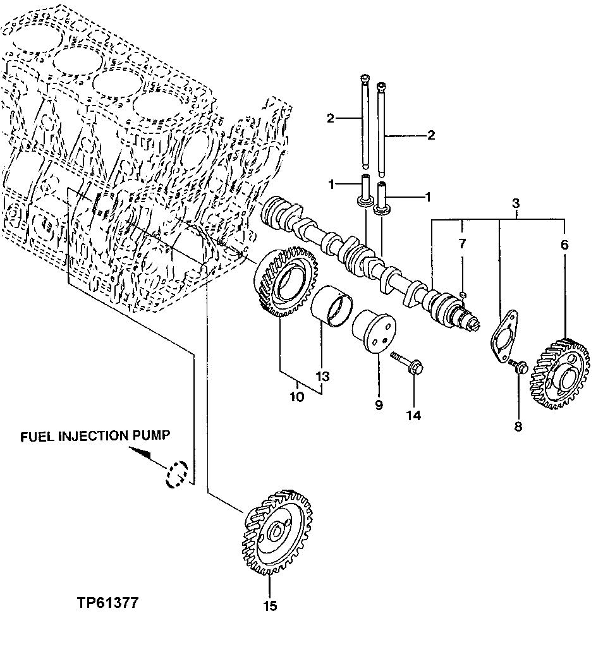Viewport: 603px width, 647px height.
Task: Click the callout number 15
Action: click(x=270, y=606)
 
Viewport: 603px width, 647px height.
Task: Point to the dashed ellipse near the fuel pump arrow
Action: click(x=176, y=475)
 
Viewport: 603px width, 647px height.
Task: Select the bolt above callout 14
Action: click(x=408, y=364)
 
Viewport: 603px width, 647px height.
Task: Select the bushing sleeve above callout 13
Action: click(x=335, y=306)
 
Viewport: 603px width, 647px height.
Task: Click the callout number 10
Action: click(x=297, y=397)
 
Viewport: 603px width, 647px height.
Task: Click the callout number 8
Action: click(x=518, y=427)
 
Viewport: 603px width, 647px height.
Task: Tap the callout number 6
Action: click(x=564, y=245)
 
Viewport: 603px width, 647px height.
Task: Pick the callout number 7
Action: click(x=462, y=244)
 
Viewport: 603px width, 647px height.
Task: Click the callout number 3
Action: click(x=516, y=203)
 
